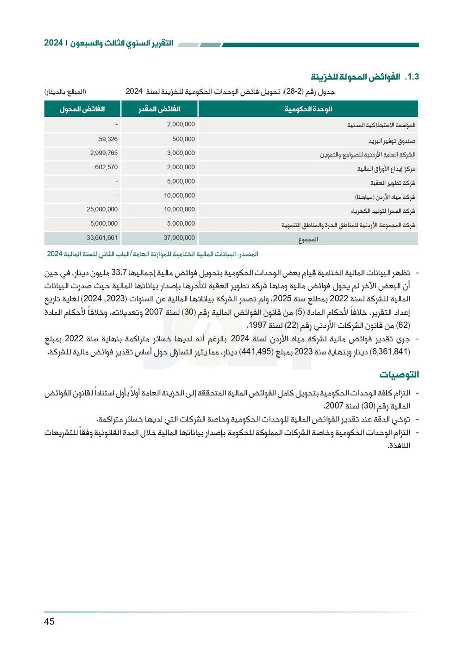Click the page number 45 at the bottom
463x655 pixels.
pyautogui.click(x=49, y=622)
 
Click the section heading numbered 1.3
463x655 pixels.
pyautogui.click(x=364, y=77)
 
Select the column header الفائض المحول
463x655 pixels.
pyautogui.click(x=82, y=109)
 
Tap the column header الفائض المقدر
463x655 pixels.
pyautogui.click(x=159, y=109)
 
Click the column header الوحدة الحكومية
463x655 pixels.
pyautogui.click(x=308, y=109)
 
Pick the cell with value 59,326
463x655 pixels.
pyautogui.click(x=108, y=139)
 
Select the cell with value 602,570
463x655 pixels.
pyautogui.click(x=106, y=167)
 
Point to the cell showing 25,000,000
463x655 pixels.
pyautogui.click(x=102, y=210)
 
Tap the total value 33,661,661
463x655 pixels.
pyautogui.click(x=102, y=238)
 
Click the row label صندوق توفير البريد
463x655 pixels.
pyautogui.click(x=392, y=141)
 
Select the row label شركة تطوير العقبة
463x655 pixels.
pyautogui.click(x=393, y=183)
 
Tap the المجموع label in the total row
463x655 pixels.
pyautogui.click(x=308, y=240)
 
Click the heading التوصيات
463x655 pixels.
pyautogui.click(x=399, y=375)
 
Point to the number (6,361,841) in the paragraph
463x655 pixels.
pyautogui.click(x=390, y=352)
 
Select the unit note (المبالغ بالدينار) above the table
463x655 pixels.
pyautogui.click(x=65, y=92)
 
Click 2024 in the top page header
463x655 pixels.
pyautogui.click(x=53, y=43)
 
